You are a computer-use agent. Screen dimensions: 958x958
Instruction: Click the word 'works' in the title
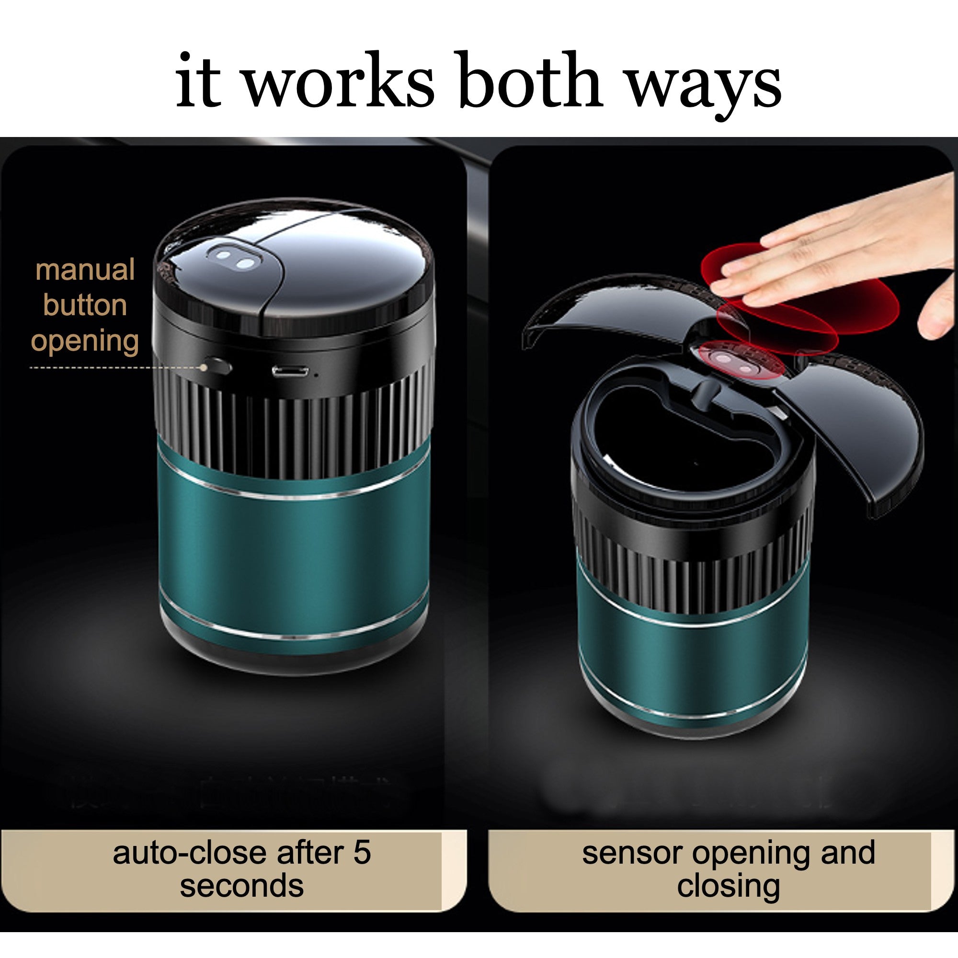coord(339,81)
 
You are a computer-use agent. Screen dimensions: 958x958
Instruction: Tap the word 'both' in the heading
coord(531,80)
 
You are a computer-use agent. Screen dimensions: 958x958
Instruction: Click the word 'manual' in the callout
coord(85,270)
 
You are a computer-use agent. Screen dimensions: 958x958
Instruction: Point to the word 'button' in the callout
coord(85,305)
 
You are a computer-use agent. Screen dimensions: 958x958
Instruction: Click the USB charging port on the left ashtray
coord(290,371)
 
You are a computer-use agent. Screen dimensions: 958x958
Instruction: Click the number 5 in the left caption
coord(363,853)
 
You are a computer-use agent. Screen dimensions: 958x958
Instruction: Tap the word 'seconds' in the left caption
coord(241,886)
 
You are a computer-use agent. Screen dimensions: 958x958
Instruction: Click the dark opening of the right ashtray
coord(689,446)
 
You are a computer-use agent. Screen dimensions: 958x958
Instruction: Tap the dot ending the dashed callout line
coord(203,367)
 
